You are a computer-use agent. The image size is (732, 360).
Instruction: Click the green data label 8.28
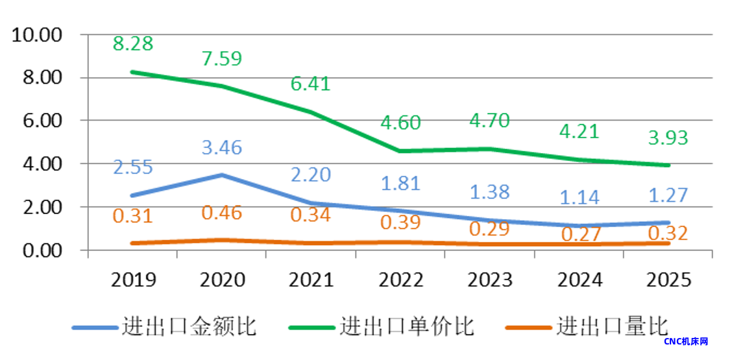pos(133,45)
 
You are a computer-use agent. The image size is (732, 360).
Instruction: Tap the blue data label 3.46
pos(222,147)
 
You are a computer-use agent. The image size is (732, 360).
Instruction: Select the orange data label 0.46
pos(222,213)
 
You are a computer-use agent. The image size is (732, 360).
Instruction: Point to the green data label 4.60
pos(400,123)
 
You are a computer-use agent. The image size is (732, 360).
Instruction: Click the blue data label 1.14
pos(579,197)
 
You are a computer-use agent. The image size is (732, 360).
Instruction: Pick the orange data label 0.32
pos(668,233)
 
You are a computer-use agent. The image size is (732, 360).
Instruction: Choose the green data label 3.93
pos(668,138)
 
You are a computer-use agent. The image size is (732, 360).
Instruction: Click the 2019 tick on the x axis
pos(133,280)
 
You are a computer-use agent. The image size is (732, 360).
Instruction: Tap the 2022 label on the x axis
pos(400,280)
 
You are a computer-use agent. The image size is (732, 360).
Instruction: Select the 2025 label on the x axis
pos(668,280)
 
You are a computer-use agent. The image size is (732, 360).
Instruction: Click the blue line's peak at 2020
pos(222,175)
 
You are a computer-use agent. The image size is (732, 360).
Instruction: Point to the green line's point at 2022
pos(400,151)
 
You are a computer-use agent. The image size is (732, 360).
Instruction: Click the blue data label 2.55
pos(133,167)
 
